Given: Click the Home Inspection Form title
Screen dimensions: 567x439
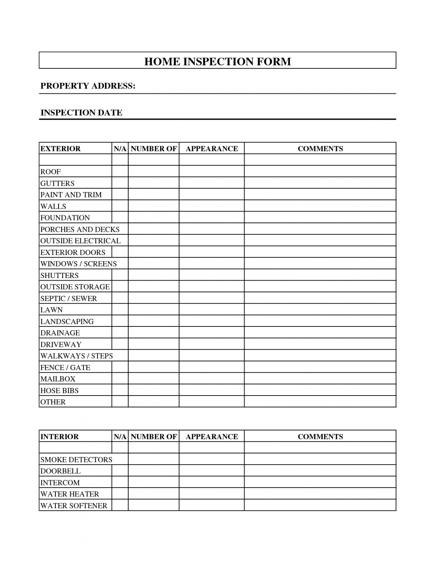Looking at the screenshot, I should pyautogui.click(x=218, y=61).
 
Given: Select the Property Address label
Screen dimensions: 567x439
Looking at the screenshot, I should pyautogui.click(x=88, y=86).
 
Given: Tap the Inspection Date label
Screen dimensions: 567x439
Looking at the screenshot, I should pyautogui.click(x=81, y=113).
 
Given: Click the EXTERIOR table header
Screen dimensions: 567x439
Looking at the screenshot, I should pyautogui.click(x=60, y=149).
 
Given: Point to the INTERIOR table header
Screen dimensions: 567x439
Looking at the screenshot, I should pyautogui.click(x=60, y=436).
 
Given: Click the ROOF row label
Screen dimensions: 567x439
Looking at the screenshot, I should pyautogui.click(x=50, y=171).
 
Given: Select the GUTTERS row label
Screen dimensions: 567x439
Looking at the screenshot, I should pyautogui.click(x=57, y=183).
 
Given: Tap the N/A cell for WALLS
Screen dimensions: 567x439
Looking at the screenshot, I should pyautogui.click(x=120, y=206).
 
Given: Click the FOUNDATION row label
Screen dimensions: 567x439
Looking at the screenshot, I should pyautogui.click(x=65, y=218).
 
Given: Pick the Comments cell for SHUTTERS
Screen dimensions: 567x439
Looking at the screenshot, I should pyautogui.click(x=320, y=275).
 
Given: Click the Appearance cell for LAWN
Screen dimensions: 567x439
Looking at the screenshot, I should pyautogui.click(x=211, y=310).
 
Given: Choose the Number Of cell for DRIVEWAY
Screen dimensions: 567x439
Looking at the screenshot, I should pyautogui.click(x=153, y=344).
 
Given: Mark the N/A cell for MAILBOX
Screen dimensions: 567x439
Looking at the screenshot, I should pyautogui.click(x=120, y=379).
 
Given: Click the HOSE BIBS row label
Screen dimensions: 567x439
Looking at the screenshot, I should pyautogui.click(x=59, y=390).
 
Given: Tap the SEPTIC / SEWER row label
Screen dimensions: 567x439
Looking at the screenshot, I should pyautogui.click(x=68, y=298).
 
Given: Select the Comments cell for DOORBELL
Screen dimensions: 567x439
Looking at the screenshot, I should pyautogui.click(x=320, y=471).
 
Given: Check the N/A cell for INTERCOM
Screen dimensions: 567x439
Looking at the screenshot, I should pyautogui.click(x=120, y=482).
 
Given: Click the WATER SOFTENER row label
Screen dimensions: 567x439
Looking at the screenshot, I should pyautogui.click(x=74, y=506).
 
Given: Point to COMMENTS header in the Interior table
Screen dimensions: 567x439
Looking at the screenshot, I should pyautogui.click(x=320, y=436).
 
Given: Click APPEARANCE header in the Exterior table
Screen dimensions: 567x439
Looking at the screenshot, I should pyautogui.click(x=211, y=149).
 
